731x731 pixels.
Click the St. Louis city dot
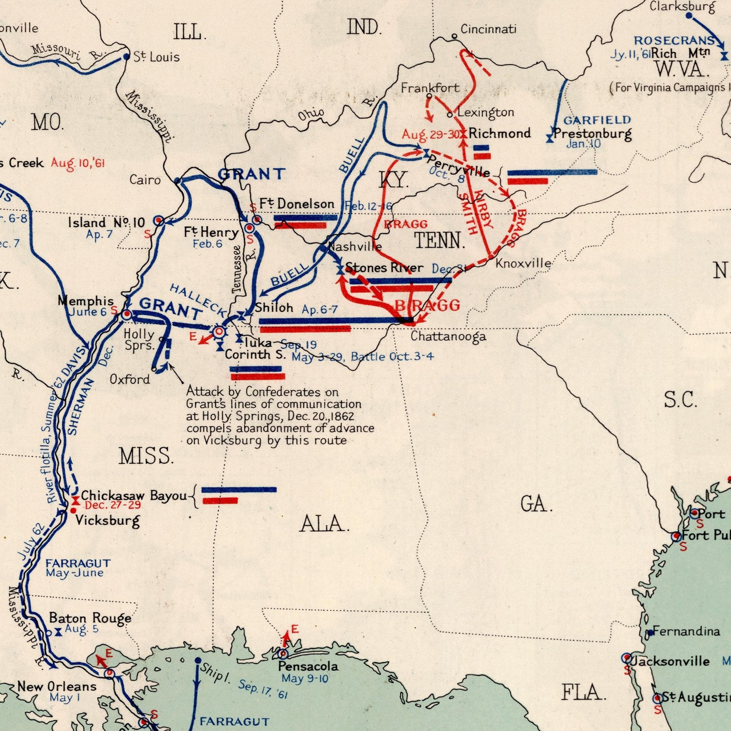126,57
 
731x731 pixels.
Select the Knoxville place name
523,263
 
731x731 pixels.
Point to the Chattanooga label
448,336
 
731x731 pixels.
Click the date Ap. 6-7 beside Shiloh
320,310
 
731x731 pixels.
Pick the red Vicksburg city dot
74,510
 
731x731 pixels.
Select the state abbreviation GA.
536,505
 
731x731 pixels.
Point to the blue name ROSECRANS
674,40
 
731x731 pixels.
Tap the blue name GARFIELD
597,120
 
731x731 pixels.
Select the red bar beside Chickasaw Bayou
220,501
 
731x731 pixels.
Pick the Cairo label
145,180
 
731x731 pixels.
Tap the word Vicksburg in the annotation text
232,440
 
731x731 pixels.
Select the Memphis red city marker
126,314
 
